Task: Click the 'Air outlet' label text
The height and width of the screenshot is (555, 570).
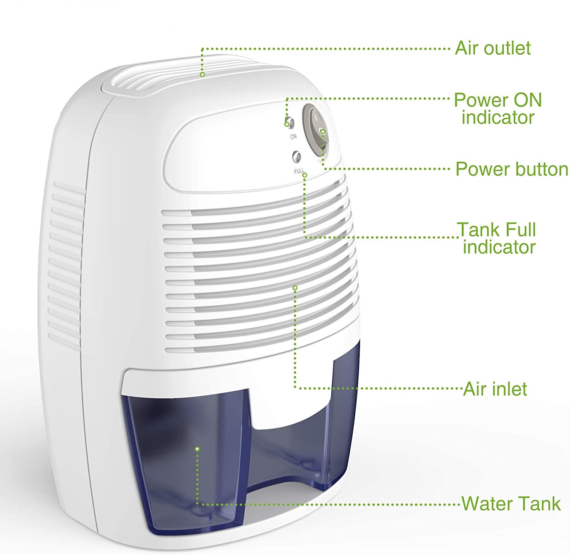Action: (492, 49)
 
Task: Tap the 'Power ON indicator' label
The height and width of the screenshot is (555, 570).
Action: (498, 108)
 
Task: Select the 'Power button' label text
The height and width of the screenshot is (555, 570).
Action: (511, 169)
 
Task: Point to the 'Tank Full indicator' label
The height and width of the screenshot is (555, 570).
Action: (498, 238)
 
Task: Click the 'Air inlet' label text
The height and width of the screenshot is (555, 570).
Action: (495, 389)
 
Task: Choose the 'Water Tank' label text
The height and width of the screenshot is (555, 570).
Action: (511, 503)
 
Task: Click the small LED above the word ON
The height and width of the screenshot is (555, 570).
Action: (290, 123)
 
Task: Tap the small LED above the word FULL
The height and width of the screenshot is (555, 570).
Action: (296, 157)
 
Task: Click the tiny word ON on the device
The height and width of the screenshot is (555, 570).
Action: (293, 136)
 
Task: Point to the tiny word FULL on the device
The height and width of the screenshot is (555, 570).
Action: (299, 172)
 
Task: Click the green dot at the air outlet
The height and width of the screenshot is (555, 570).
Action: (203, 75)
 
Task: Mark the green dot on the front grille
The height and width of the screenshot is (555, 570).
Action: (294, 287)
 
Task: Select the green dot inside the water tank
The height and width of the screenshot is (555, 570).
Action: (197, 449)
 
